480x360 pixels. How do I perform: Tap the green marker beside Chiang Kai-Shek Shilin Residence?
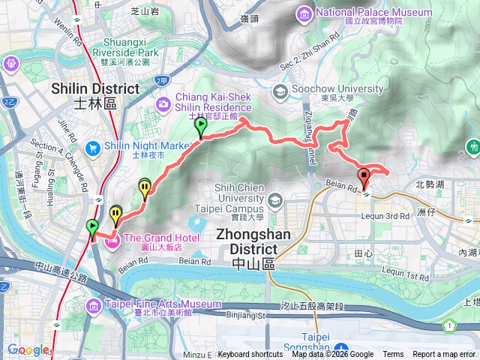200,128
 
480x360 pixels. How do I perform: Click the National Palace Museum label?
374,13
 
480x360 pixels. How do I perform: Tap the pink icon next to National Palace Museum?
304,13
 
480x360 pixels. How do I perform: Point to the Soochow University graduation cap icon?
280,91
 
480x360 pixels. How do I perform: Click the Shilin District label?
95,89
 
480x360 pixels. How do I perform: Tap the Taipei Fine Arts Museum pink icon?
93,304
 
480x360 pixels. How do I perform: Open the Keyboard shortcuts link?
250,355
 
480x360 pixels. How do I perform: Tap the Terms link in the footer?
393,355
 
